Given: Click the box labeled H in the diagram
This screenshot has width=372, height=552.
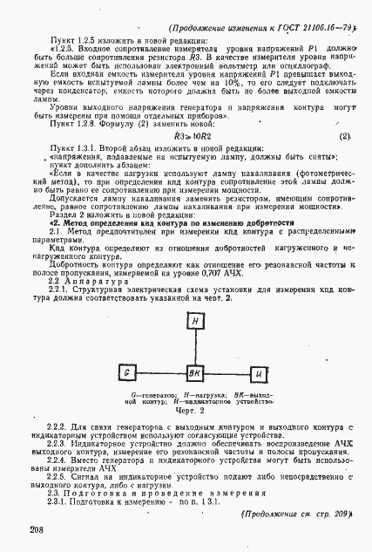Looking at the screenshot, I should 196,321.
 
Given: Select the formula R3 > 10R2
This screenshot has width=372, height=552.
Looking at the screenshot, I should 192,137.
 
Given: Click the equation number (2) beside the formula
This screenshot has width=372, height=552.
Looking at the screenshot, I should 344,137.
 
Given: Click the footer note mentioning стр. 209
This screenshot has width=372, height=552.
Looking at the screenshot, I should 294,513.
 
